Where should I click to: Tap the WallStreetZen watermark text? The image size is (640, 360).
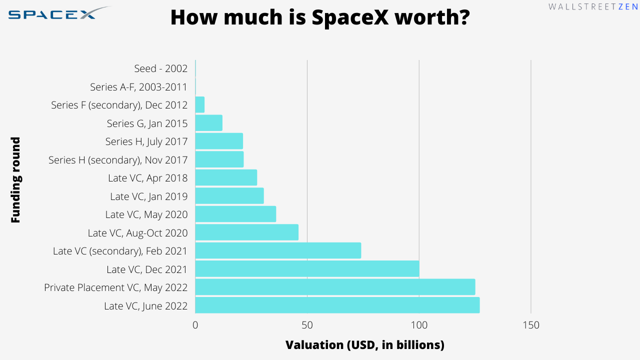tap(593, 7)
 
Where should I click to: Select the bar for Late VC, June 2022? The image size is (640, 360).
tap(337, 305)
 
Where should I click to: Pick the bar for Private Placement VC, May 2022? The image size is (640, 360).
tap(335, 287)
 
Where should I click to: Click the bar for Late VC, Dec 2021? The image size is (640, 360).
tap(307, 269)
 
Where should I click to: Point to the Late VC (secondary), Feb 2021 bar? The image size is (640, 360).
tap(278, 250)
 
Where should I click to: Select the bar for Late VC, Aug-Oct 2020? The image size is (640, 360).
tap(246, 232)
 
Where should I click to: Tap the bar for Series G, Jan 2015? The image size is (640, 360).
tap(208, 123)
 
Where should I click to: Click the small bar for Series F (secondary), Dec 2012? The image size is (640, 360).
tap(200, 105)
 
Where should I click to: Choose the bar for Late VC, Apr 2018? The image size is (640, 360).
tap(226, 177)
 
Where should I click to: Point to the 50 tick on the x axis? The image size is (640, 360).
tap(307, 325)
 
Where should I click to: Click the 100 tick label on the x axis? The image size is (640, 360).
tap(419, 325)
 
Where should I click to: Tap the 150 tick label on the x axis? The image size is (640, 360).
tap(531, 325)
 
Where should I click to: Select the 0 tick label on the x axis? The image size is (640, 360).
tap(195, 325)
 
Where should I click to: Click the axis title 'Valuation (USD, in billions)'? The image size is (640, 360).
tap(364, 345)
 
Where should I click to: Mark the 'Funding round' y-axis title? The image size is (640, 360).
tap(15, 180)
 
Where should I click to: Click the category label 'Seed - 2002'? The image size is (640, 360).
tap(160, 68)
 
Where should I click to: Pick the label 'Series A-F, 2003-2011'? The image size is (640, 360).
tap(138, 87)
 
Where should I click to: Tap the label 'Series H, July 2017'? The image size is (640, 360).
tap(146, 141)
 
